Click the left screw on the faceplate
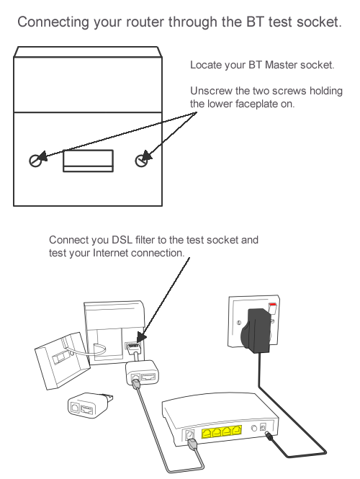point(36,160)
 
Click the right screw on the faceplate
point(142,161)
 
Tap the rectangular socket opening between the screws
point(88,160)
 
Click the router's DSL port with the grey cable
point(191,435)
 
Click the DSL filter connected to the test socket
point(141,375)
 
